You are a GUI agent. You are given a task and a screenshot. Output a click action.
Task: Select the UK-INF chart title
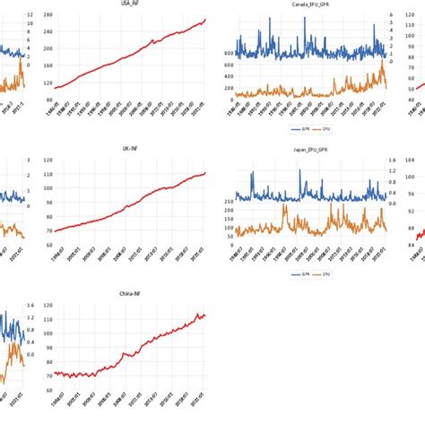tap(129, 150)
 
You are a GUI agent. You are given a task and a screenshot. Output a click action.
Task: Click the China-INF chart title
tap(129, 293)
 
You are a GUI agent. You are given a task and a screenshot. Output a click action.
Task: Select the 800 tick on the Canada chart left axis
tap(226, 54)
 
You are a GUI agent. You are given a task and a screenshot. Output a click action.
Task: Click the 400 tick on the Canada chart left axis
tap(226, 76)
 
